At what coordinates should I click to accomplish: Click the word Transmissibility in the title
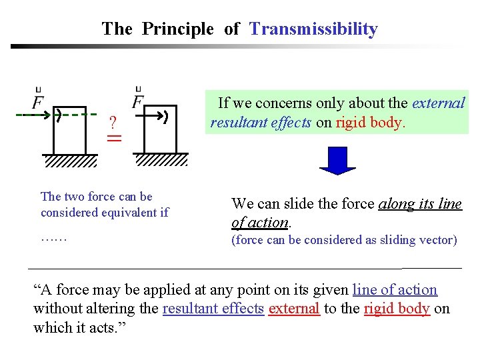tap(313, 29)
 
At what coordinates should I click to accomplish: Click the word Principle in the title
tap(178, 29)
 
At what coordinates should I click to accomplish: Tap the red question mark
tap(113, 122)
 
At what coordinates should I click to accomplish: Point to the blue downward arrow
tap(337, 159)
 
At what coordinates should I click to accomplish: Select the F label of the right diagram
tap(139, 101)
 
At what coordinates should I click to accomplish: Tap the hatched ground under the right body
tap(161, 160)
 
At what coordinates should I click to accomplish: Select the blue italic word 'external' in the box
tap(438, 103)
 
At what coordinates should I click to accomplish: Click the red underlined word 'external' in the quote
tap(294, 309)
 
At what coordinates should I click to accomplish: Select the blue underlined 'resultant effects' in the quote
tap(213, 309)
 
